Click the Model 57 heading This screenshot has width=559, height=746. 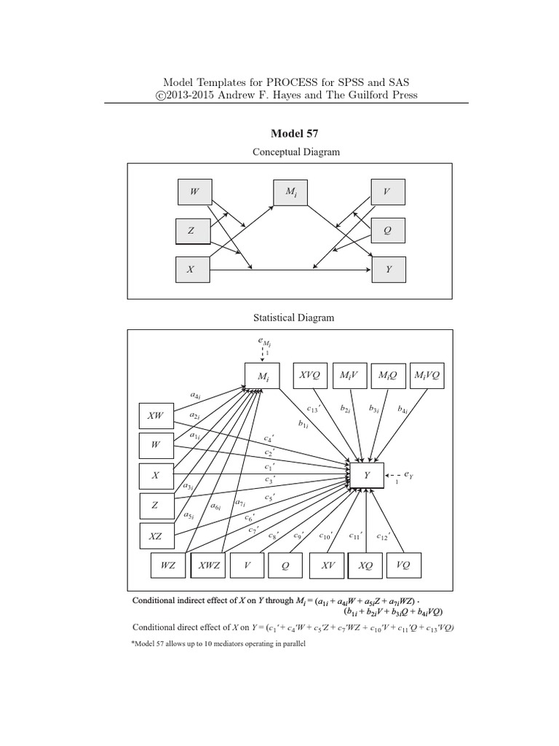click(295, 133)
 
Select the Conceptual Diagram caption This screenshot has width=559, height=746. click(296, 152)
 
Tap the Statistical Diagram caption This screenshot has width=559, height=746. click(294, 318)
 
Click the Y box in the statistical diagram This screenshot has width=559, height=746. click(367, 474)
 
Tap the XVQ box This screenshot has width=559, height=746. click(310, 375)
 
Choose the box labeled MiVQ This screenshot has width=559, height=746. click(427, 375)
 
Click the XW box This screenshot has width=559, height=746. click(156, 416)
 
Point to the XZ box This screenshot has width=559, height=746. click(156, 535)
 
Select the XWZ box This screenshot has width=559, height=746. click(208, 565)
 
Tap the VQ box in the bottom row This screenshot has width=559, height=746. click(403, 565)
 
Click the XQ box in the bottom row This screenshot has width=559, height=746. click(366, 565)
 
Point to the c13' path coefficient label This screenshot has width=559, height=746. click(314, 410)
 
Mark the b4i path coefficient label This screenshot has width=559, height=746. click(402, 410)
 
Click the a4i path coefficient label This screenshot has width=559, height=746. click(196, 396)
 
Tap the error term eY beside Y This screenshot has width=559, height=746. click(408, 474)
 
